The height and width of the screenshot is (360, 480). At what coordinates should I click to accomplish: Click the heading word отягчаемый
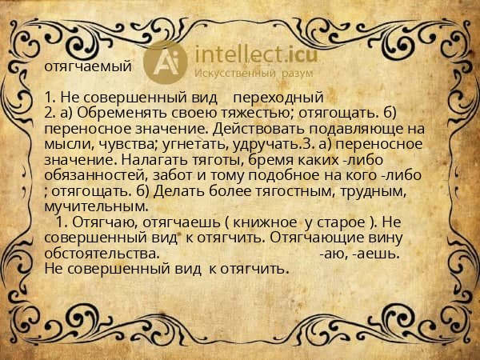(88, 66)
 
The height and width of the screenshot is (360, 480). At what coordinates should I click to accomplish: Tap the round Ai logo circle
(166, 62)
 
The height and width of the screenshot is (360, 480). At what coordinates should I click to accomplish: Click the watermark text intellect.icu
(256, 54)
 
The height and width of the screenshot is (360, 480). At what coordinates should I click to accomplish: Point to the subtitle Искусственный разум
(254, 73)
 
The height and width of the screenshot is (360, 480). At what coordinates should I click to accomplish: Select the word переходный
(278, 98)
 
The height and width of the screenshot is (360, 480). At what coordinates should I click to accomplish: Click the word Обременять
(122, 113)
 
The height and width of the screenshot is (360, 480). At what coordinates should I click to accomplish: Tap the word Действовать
(258, 129)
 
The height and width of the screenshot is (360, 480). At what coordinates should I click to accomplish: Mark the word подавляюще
(356, 130)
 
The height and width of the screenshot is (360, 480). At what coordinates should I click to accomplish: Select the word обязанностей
(96, 176)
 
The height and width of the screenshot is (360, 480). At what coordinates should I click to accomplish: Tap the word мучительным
(97, 207)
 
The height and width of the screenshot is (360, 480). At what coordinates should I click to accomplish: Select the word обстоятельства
(102, 254)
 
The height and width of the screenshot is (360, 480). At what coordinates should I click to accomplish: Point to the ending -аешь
(376, 254)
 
